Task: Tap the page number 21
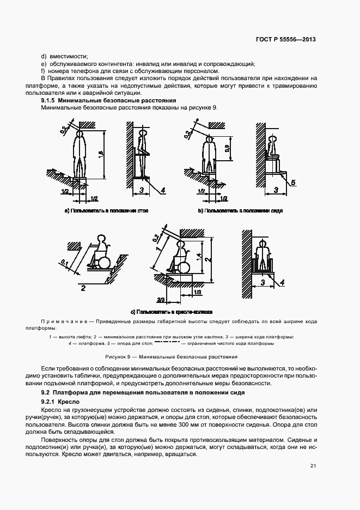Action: (313, 465)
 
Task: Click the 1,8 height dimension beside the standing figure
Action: (100, 154)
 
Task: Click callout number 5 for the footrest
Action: (292, 182)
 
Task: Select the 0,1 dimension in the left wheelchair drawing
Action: (65, 262)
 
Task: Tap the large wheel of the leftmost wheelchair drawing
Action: (102, 262)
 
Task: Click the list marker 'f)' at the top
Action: (43, 71)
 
